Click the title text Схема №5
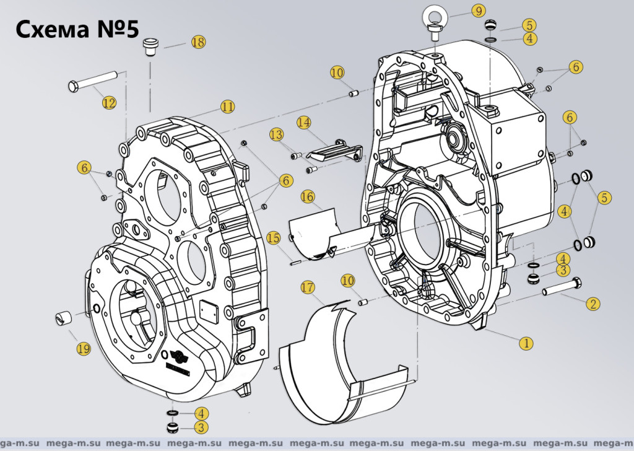(x=76, y=28)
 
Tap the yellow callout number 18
(x=198, y=42)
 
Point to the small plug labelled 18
(x=150, y=46)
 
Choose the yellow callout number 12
(x=109, y=103)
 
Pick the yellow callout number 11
(x=228, y=107)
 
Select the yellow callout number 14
(x=303, y=122)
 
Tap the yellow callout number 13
(x=276, y=134)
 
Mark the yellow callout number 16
(x=308, y=196)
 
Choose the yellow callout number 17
(x=308, y=287)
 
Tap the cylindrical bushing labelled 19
(x=63, y=318)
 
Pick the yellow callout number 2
(x=593, y=304)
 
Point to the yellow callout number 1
(x=526, y=342)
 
